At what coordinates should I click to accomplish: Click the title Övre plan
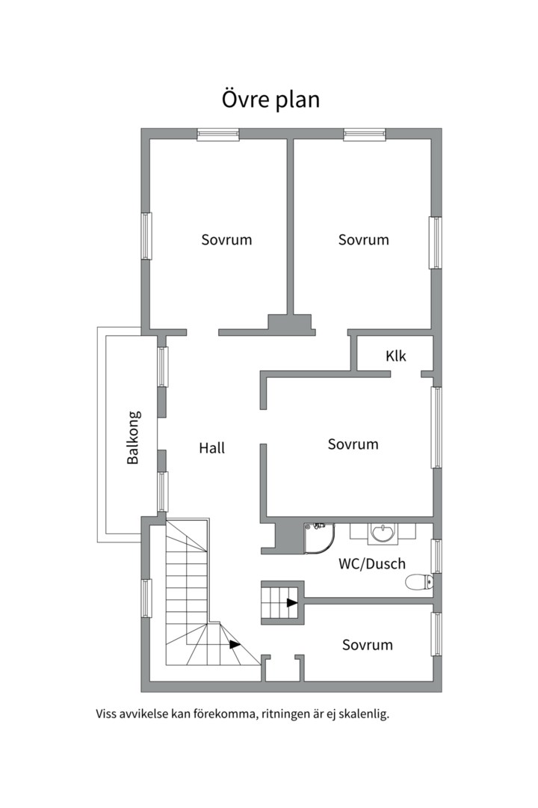point(270,99)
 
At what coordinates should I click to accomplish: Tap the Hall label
point(211,448)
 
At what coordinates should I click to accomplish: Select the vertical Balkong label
point(133,438)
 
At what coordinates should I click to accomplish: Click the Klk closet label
point(396,356)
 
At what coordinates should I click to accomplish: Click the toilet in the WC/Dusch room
point(418,582)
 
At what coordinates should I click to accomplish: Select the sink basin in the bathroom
point(384,533)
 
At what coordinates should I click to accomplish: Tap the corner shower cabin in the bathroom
point(319,536)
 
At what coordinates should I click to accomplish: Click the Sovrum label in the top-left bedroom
point(226,240)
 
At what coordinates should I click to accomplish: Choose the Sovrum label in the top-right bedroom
point(364,240)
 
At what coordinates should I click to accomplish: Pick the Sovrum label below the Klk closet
point(353,444)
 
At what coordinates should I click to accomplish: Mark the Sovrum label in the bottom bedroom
point(368,645)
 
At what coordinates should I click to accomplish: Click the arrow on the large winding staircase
point(235,644)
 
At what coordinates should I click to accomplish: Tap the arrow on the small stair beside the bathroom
point(291,602)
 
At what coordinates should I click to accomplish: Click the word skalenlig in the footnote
point(362,714)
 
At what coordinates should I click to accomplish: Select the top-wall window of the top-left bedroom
point(218,135)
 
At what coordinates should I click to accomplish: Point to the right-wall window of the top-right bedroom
point(436,242)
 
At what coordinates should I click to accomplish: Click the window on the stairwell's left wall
point(146,599)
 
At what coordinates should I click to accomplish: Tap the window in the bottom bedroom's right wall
point(436,634)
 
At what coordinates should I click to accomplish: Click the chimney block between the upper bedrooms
point(291,323)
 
